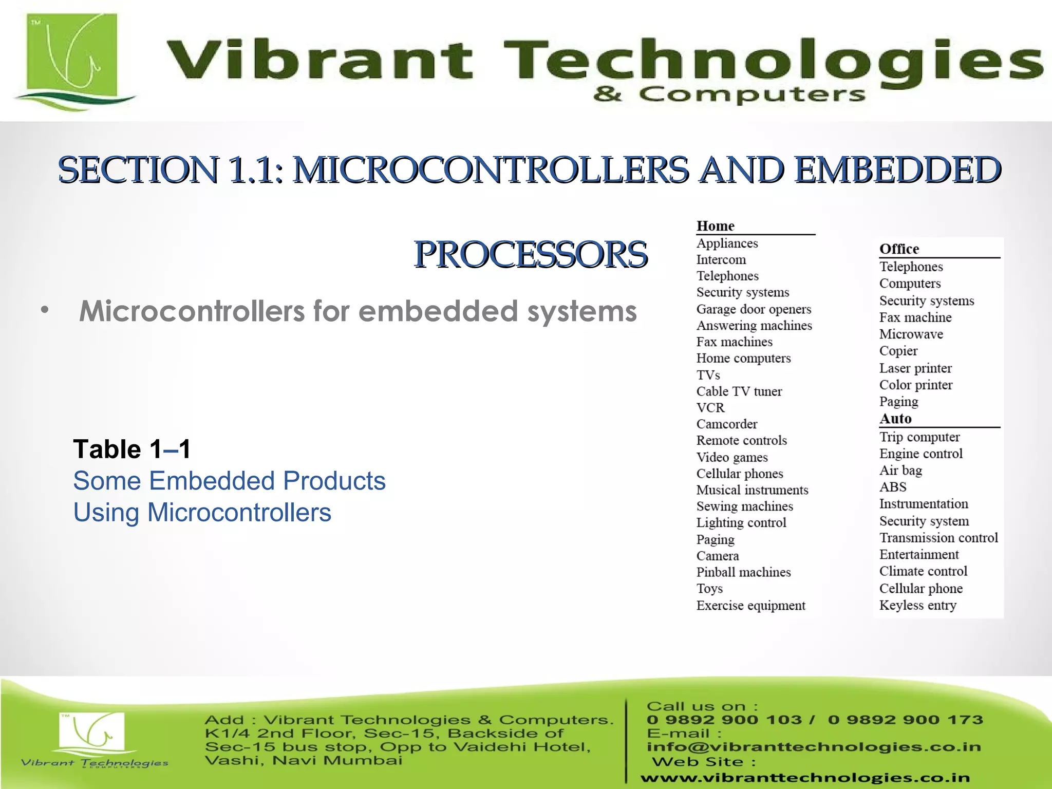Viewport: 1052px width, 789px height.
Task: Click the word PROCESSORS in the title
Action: click(x=531, y=254)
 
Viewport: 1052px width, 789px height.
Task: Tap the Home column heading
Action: click(x=715, y=226)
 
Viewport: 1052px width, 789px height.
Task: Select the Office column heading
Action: click(x=899, y=249)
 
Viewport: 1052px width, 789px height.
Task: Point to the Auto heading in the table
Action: click(x=895, y=419)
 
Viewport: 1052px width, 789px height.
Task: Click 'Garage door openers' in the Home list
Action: click(x=754, y=309)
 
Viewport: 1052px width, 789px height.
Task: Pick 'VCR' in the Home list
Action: click(x=710, y=408)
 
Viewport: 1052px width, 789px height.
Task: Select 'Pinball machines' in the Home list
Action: click(x=743, y=572)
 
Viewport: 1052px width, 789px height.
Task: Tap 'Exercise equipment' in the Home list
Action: click(x=750, y=606)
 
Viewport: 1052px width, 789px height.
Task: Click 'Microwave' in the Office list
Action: click(x=911, y=334)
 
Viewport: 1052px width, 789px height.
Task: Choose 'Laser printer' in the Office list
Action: click(x=915, y=368)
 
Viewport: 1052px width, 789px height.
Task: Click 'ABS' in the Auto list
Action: click(x=893, y=487)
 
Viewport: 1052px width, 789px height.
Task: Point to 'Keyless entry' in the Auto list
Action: click(x=917, y=605)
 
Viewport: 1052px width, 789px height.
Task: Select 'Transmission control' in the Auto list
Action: click(x=938, y=538)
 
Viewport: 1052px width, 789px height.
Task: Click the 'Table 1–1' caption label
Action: click(x=132, y=449)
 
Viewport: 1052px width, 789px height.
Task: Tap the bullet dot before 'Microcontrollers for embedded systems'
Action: click(x=45, y=311)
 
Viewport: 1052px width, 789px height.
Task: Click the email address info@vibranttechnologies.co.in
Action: click(x=814, y=747)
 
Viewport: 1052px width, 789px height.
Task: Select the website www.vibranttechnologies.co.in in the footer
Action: click(x=805, y=778)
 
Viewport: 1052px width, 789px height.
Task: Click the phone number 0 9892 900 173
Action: click(x=905, y=720)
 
